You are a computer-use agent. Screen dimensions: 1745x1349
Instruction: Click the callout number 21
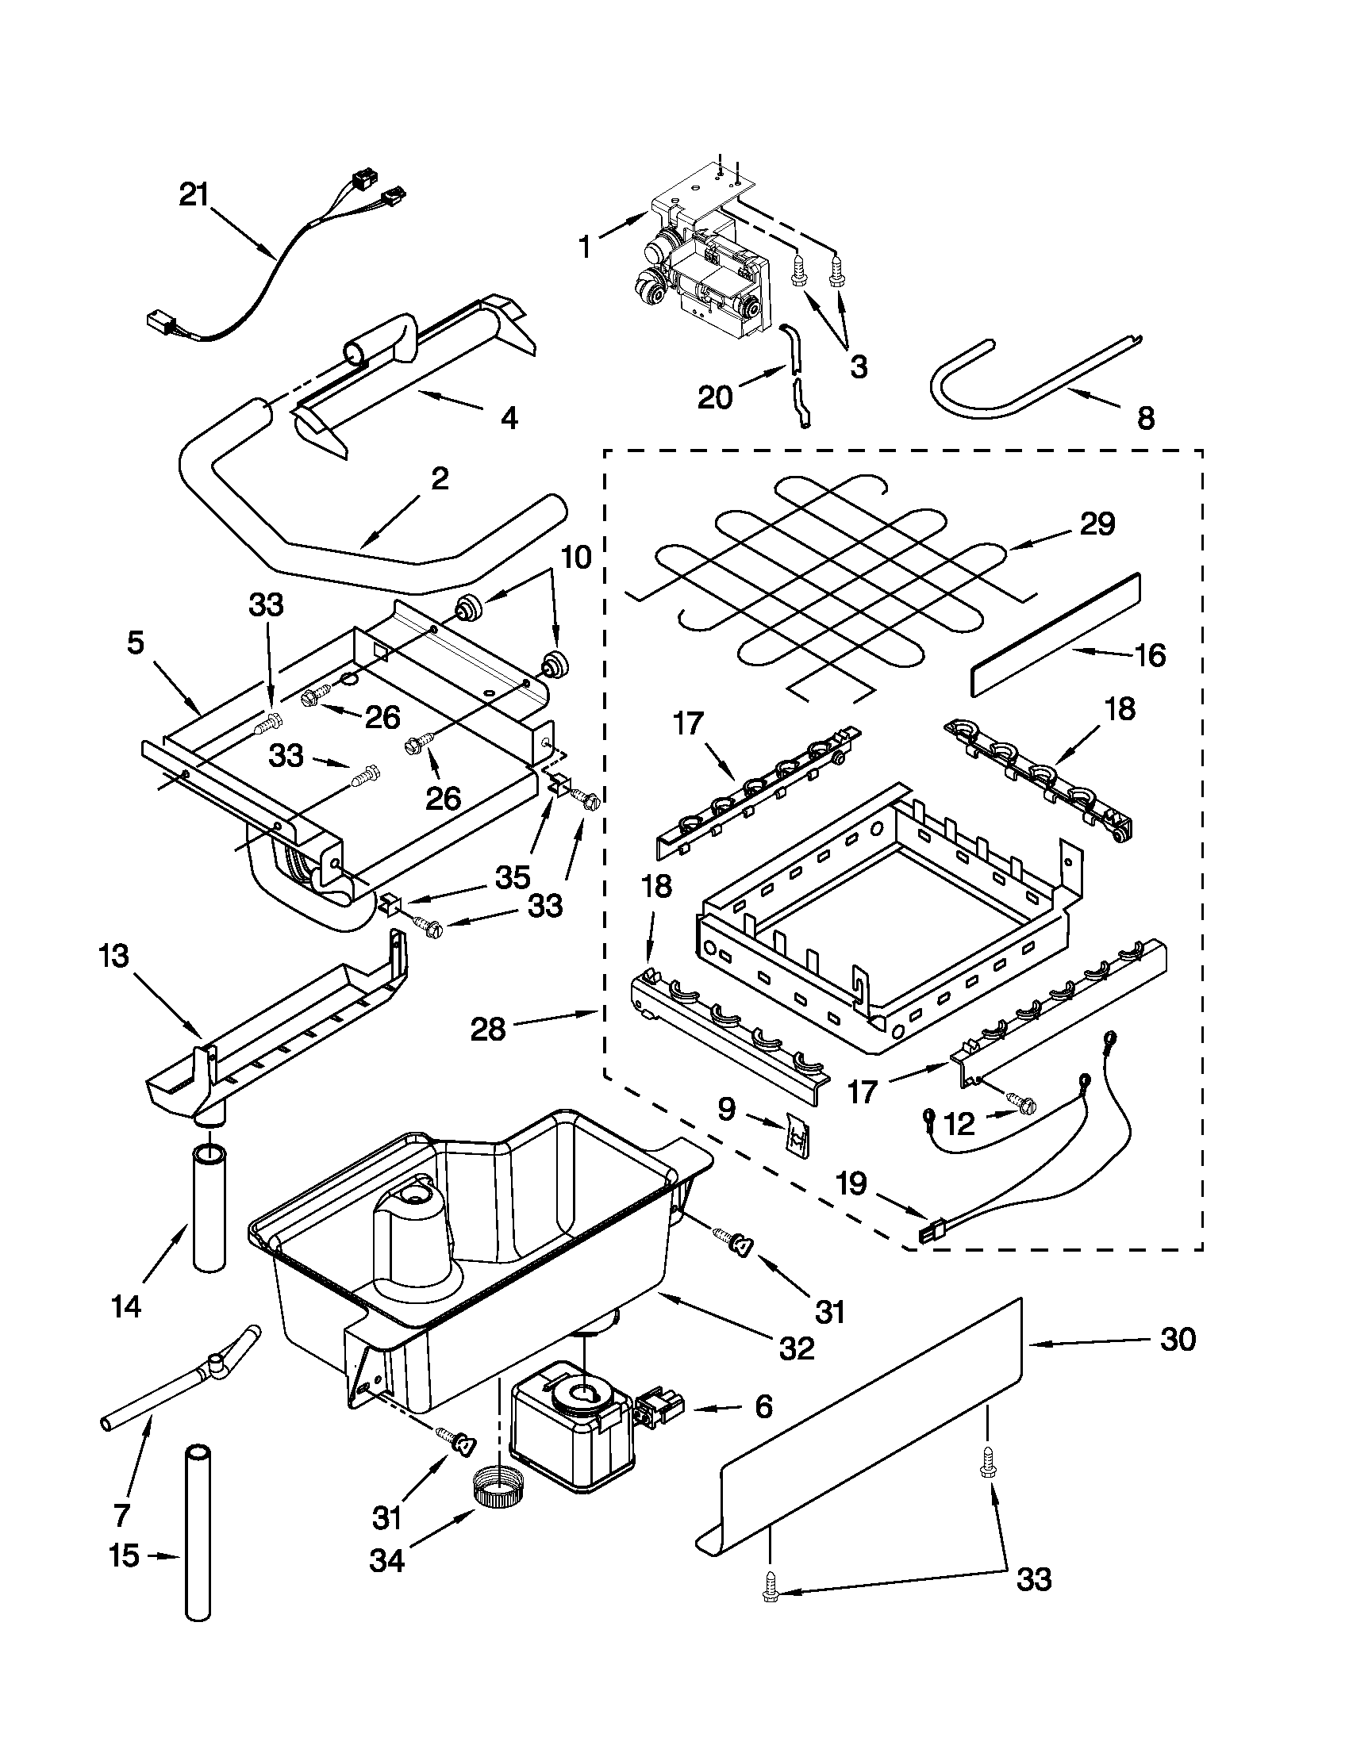pyautogui.click(x=193, y=195)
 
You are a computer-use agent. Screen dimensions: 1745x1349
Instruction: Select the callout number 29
pyautogui.click(x=1097, y=524)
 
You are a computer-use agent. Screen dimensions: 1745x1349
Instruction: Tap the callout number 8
pyautogui.click(x=1145, y=418)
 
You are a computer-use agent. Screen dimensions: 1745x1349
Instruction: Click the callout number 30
pyautogui.click(x=1177, y=1340)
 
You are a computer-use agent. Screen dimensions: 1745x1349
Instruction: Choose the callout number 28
pyautogui.click(x=487, y=1028)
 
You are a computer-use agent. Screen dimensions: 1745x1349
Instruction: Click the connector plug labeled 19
pyautogui.click(x=928, y=1235)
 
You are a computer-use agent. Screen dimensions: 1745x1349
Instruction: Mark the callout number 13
pyautogui.click(x=115, y=956)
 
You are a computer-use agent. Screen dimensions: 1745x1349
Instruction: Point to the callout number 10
pyautogui.click(x=575, y=557)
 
